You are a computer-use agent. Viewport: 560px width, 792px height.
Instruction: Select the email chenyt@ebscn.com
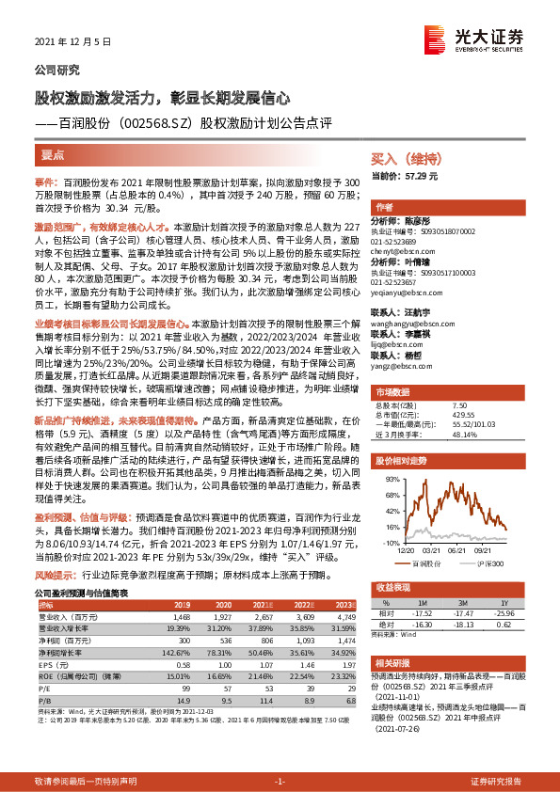pyautogui.click(x=401, y=251)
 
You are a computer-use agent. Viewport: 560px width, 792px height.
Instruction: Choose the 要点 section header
pyautogui.click(x=53, y=152)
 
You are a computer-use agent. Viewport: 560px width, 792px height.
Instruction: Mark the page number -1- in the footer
pyautogui.click(x=280, y=782)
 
